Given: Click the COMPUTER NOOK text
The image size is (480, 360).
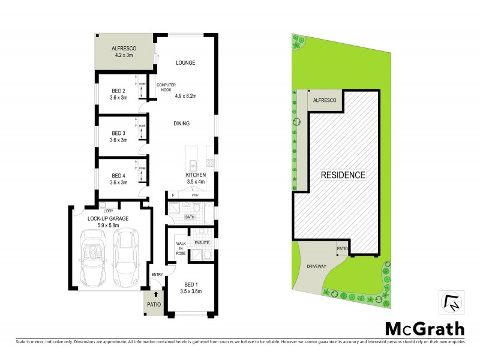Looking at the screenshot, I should coord(166,87).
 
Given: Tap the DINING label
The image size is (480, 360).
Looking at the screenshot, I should coord(181,124).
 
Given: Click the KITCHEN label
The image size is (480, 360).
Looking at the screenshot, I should coord(196,175).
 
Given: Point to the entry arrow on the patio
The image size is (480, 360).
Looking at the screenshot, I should coord(156,295).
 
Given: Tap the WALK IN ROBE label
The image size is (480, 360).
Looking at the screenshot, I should coord(180,249).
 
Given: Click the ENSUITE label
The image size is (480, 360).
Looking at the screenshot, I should coord(202,242).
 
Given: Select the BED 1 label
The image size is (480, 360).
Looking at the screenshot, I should coord(190,284).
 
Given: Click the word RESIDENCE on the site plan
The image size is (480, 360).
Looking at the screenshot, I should coord(343,175).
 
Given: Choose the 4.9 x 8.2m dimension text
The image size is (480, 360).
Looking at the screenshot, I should coord(185,95).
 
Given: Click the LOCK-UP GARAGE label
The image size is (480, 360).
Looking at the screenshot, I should coord(109,218).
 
